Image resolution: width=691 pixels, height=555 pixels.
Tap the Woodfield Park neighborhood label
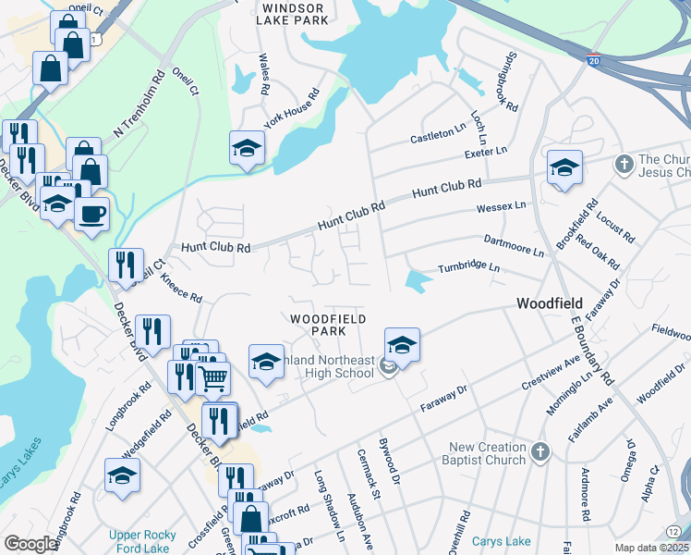[x=318, y=325]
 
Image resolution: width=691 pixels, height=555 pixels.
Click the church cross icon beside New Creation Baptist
[x=539, y=452]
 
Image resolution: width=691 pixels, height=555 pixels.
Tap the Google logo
[x=30, y=544]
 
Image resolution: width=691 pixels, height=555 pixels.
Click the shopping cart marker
[x=212, y=377]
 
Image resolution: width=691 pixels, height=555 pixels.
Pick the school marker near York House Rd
[x=247, y=148]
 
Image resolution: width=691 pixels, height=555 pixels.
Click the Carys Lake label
[x=501, y=541]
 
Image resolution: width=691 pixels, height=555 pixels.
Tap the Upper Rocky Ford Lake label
[x=137, y=541]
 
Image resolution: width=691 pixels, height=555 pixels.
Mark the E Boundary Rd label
[x=592, y=349]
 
